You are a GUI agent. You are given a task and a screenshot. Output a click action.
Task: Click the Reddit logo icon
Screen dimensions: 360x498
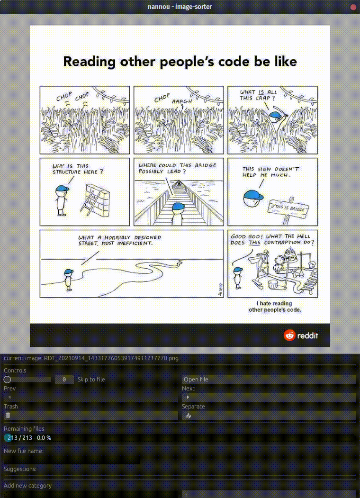coord(289,335)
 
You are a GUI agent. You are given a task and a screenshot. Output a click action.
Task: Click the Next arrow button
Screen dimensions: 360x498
coord(269,398)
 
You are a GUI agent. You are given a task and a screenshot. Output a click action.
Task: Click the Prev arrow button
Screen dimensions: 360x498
coord(91,398)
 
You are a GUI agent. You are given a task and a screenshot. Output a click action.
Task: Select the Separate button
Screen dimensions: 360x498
coord(269,416)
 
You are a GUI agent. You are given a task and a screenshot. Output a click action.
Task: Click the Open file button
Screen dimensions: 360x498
coord(269,380)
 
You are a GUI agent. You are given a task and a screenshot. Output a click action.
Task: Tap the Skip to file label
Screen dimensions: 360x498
coord(91,380)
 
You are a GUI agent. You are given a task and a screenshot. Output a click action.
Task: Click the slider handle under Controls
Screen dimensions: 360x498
coord(7,380)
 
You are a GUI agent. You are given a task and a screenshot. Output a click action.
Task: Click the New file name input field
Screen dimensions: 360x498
coord(72,460)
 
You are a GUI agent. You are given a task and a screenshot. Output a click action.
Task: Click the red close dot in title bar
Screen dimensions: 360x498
coord(353,7)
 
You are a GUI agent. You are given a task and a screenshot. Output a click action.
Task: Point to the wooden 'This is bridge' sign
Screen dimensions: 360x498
coord(288,209)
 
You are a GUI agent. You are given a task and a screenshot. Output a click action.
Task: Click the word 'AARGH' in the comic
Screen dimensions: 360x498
coord(182,101)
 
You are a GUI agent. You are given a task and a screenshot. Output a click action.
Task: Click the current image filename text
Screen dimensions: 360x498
coord(91,358)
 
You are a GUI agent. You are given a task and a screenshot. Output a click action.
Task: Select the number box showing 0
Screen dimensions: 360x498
coord(64,380)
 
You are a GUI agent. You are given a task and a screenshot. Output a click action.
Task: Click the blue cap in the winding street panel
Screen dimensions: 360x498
coord(69,272)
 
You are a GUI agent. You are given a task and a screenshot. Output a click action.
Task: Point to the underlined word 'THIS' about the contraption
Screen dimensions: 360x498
coord(254,243)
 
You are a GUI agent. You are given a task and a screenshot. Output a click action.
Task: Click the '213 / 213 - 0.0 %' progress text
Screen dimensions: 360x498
coord(29,438)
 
